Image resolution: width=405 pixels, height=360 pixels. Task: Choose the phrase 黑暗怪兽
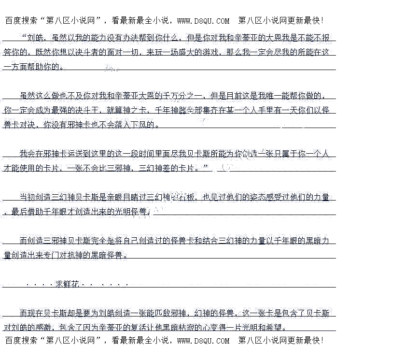[x=109, y=255]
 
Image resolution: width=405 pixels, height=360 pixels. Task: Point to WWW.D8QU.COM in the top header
[x=203, y=21]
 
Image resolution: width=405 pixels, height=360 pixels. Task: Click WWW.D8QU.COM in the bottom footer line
[x=203, y=341]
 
